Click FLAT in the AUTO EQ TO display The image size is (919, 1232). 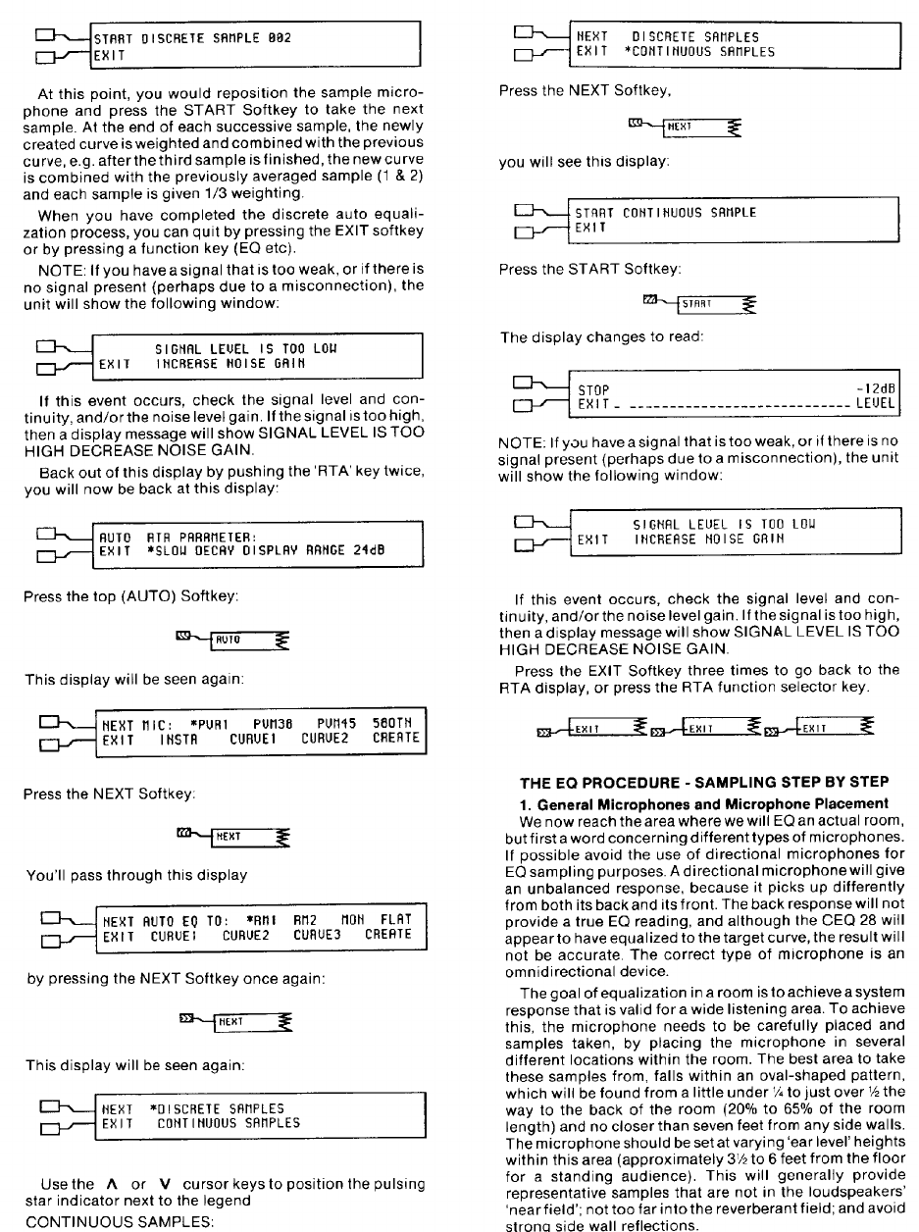point(393,919)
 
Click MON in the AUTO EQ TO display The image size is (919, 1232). point(350,919)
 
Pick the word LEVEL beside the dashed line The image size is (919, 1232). point(876,404)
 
